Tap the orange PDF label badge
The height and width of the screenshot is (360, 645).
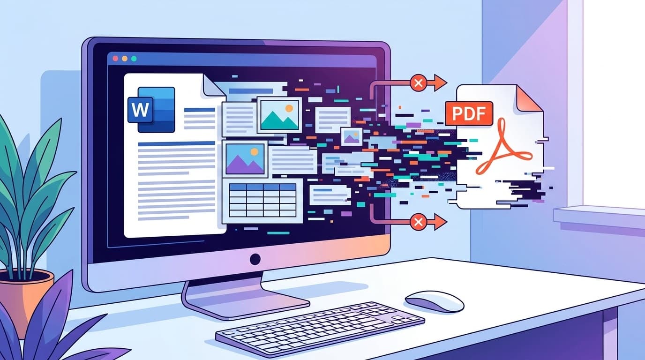pos(469,113)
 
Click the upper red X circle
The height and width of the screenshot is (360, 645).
pos(418,83)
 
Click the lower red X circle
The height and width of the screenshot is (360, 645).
pos(418,221)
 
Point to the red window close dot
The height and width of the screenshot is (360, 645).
pos(115,59)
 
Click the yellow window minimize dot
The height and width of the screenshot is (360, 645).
pos(125,59)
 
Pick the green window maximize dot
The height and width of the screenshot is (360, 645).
pos(134,59)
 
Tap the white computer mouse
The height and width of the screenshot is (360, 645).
pos(434,300)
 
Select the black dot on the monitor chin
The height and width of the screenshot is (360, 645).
pos(255,258)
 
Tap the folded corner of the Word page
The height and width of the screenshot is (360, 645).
pos(213,85)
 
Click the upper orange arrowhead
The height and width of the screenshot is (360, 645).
pos(440,83)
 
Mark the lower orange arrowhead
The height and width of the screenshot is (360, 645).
pos(440,221)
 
